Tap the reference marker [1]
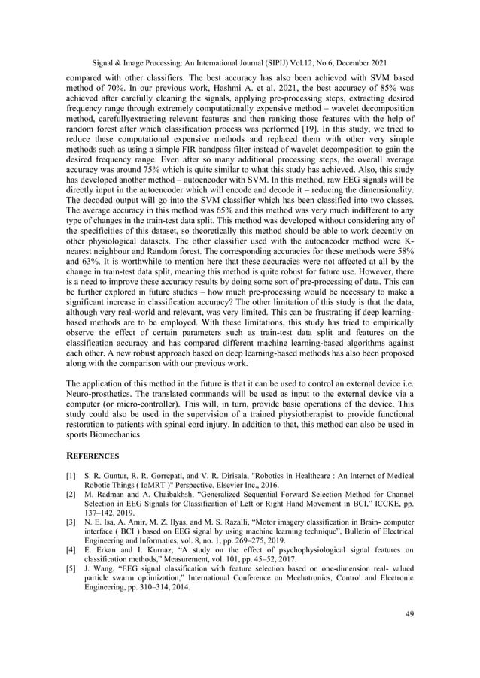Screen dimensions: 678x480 72,477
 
